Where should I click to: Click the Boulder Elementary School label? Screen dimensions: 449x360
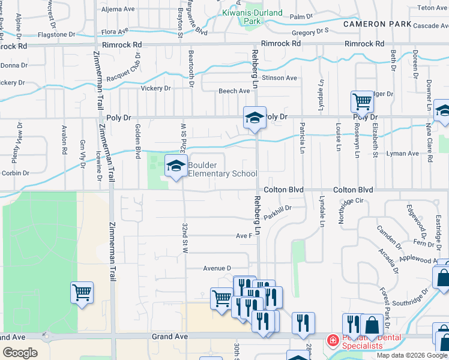(x=223, y=169)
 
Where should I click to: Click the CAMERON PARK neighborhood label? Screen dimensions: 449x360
(x=377, y=25)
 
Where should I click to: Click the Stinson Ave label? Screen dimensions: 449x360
(x=279, y=78)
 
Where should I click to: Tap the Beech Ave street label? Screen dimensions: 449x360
(x=234, y=91)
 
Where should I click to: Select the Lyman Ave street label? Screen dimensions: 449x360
(x=403, y=154)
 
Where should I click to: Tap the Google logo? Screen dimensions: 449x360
(x=20, y=353)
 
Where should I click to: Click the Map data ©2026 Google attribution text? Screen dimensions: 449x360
(x=411, y=355)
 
